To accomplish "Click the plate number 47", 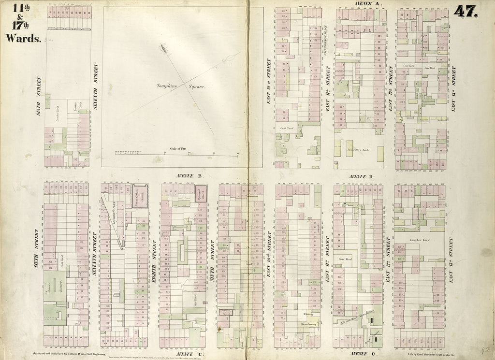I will coord(466,11).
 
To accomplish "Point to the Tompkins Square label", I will coord(181,86).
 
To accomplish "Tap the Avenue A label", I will coord(368,3).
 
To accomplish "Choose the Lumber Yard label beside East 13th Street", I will coord(419,240).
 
